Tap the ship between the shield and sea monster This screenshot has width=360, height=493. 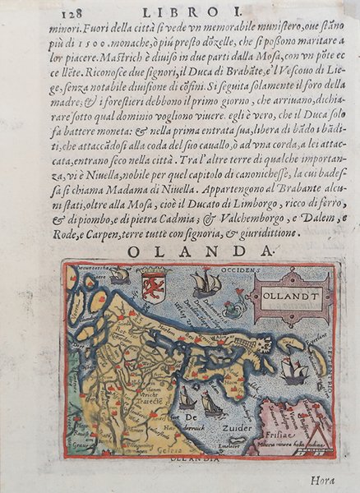click(205, 284)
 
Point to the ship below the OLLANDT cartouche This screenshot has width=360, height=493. click(293, 372)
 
